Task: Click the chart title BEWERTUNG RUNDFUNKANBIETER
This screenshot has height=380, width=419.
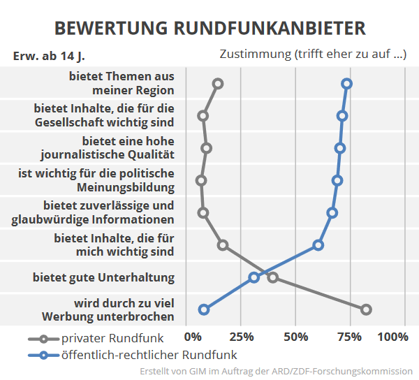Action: click(x=209, y=27)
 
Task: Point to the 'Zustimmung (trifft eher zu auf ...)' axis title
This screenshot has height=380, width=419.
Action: click(x=313, y=54)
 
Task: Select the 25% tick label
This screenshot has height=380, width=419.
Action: click(x=240, y=337)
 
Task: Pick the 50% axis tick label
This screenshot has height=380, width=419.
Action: click(x=295, y=337)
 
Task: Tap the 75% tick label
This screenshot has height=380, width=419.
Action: click(x=350, y=337)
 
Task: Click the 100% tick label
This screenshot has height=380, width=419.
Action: click(x=392, y=337)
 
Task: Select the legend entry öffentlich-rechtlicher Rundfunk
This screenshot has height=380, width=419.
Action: click(x=133, y=355)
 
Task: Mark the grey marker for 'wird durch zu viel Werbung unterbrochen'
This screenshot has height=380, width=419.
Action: click(x=366, y=309)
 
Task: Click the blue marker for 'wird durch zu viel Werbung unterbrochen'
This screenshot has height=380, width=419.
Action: click(x=204, y=309)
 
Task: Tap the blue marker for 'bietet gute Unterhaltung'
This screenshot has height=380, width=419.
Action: click(x=254, y=277)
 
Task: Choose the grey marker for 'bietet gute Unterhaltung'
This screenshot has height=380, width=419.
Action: click(x=273, y=277)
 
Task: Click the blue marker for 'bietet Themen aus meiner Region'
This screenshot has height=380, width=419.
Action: click(x=346, y=84)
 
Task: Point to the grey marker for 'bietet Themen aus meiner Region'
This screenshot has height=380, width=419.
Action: click(x=218, y=84)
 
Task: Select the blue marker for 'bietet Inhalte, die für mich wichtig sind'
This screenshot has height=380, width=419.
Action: click(x=318, y=245)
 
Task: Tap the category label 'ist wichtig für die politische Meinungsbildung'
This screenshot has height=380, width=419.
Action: click(x=96, y=180)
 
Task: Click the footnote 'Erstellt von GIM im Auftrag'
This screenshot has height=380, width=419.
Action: click(x=276, y=371)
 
